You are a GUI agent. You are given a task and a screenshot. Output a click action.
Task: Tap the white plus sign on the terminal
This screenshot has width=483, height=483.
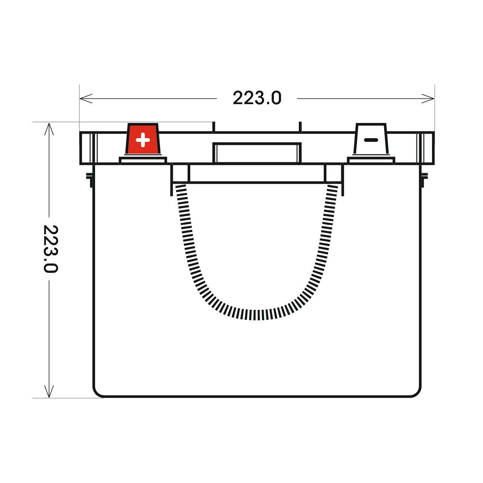(x=143, y=140)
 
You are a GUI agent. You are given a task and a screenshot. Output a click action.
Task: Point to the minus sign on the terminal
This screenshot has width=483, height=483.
(x=371, y=140)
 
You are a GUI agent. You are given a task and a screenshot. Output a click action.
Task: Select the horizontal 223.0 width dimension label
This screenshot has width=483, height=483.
(x=257, y=98)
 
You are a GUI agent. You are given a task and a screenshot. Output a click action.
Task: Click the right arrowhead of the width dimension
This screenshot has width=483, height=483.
(x=428, y=98)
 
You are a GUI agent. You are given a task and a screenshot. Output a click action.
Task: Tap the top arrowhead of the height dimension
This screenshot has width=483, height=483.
(x=49, y=129)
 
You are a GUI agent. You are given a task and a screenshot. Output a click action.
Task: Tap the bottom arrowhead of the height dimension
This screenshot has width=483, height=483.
(x=49, y=391)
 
